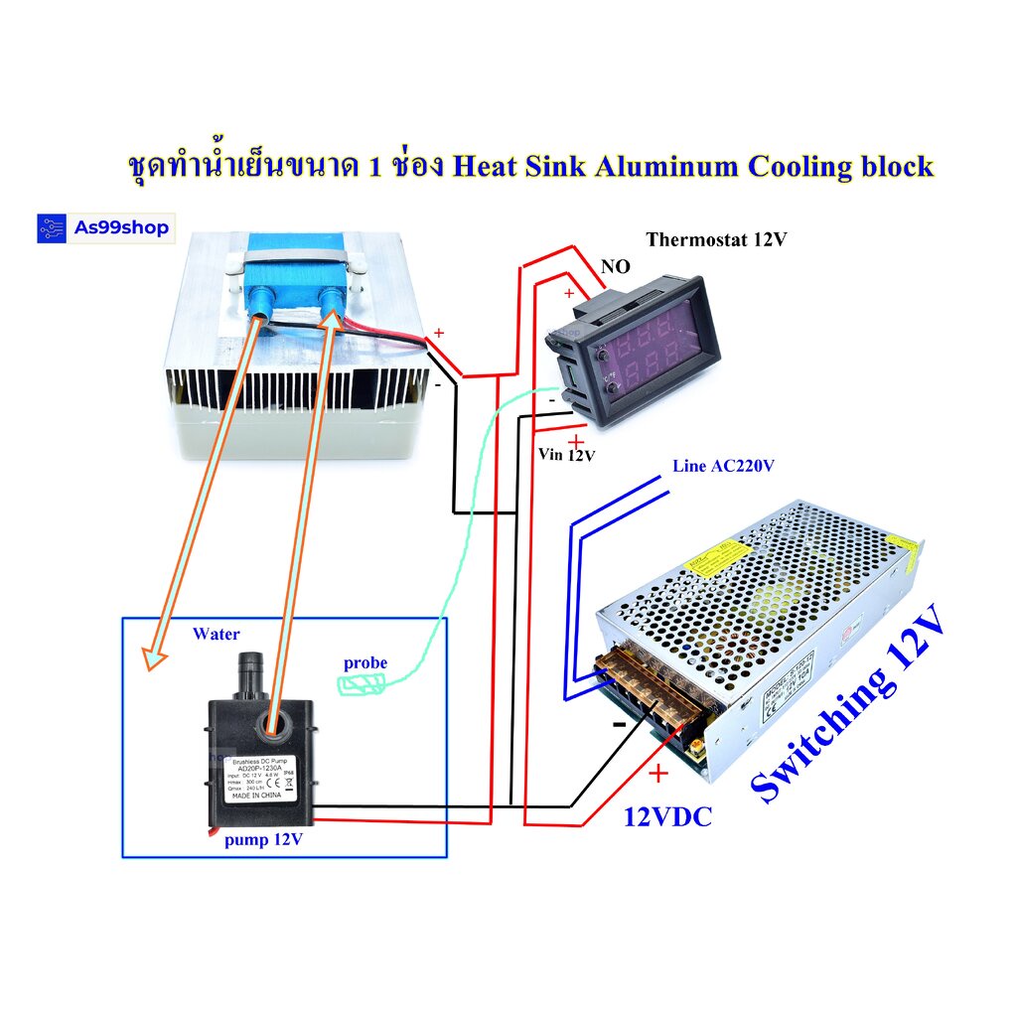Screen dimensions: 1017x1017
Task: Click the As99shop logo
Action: click(x=103, y=228)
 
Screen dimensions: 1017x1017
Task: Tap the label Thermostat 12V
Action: click(x=715, y=239)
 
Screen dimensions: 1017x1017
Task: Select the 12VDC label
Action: click(x=667, y=817)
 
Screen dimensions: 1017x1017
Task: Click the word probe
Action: click(x=365, y=662)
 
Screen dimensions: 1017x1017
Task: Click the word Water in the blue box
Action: click(x=216, y=634)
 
